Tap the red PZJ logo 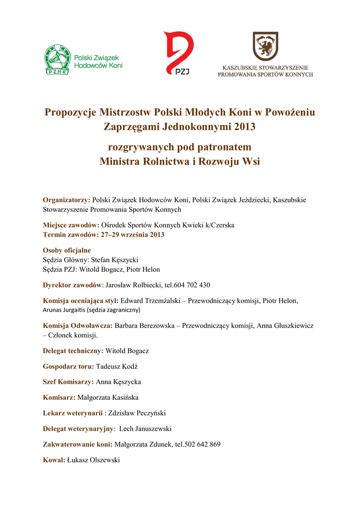tap(179, 52)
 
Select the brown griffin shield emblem tap(265, 46)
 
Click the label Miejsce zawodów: tap(71, 225)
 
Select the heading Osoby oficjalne tap(67, 251)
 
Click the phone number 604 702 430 tap(192, 285)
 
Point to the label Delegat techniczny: tap(73, 351)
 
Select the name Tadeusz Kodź tap(117, 366)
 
